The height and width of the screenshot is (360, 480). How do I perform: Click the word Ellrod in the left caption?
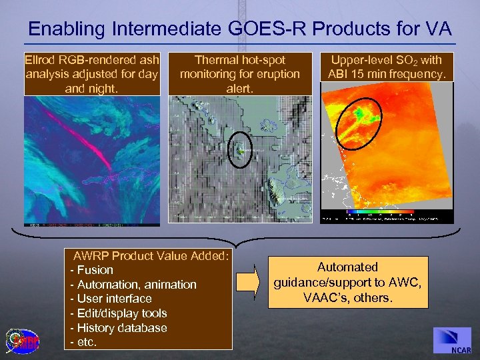[41, 60]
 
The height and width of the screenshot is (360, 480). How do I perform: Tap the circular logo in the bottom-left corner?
[23, 340]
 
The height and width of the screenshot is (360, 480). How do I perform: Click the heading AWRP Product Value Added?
[151, 255]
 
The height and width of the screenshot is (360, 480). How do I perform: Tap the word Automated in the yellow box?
[347, 267]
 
